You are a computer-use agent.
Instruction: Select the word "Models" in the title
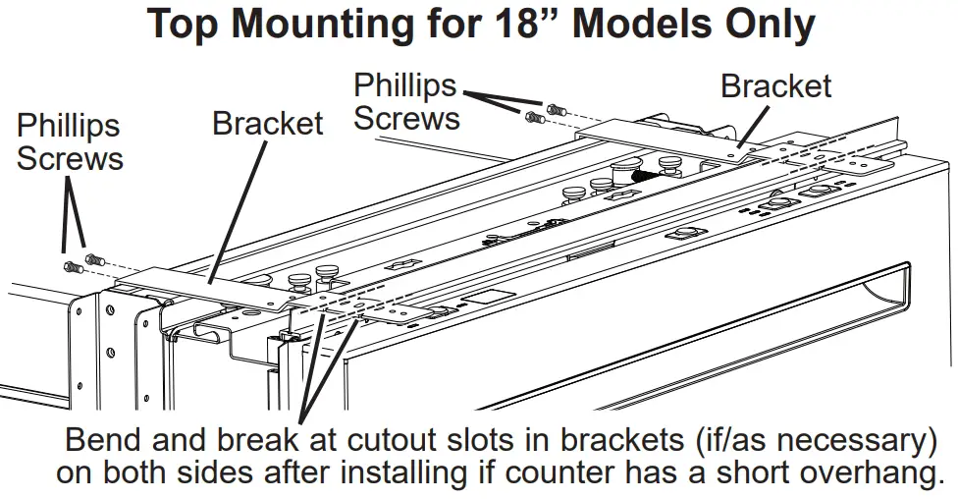tap(652, 25)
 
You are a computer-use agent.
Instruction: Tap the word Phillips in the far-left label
tap(68, 126)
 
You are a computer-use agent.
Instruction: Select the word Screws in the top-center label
tap(406, 119)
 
